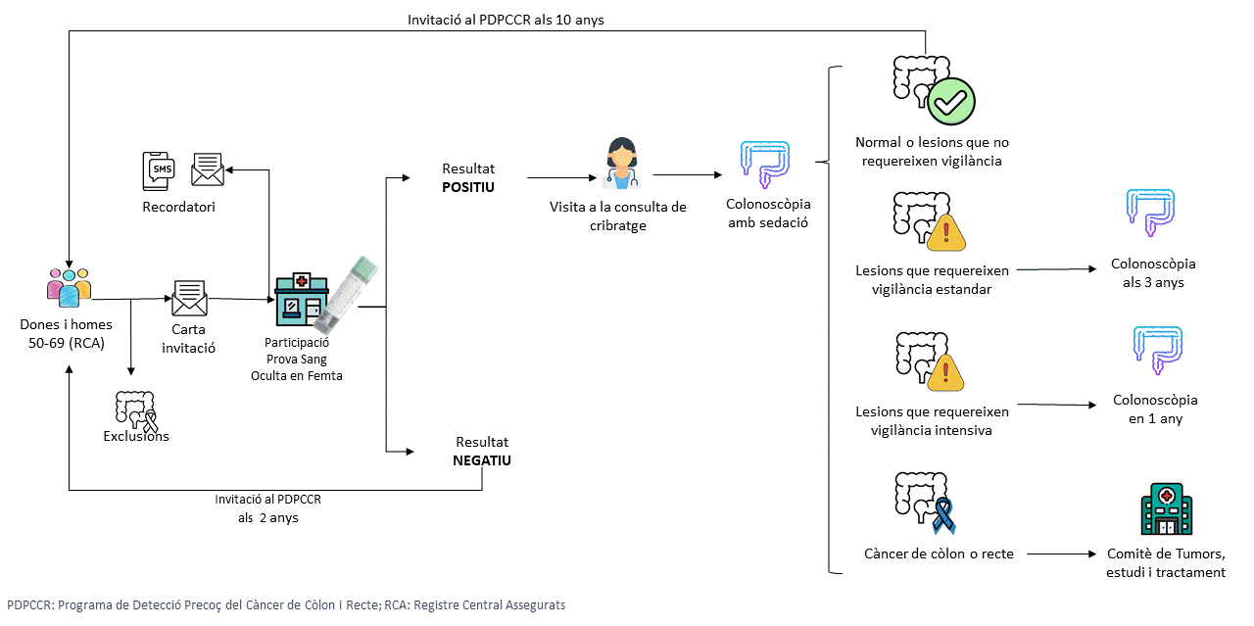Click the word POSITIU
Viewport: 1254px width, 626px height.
469,186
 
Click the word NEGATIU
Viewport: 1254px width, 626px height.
482,459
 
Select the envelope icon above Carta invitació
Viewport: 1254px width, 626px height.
189,298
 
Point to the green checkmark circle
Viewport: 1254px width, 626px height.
951,99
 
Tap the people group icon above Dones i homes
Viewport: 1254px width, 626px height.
69,286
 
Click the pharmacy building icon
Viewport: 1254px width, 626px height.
298,297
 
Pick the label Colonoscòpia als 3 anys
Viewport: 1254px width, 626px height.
1153,273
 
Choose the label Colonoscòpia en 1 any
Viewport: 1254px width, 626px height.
1155,409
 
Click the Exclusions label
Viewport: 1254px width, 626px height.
136,436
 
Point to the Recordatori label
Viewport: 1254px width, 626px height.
179,207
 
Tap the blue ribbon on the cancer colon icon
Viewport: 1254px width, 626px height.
942,514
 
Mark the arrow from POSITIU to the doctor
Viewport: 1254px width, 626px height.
562,178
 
